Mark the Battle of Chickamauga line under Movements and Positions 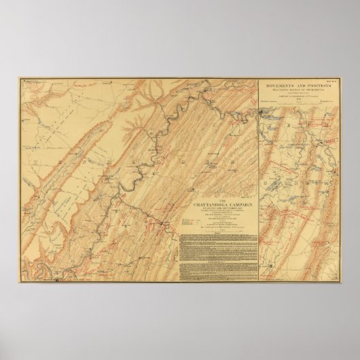pyautogui.click(x=296, y=89)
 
